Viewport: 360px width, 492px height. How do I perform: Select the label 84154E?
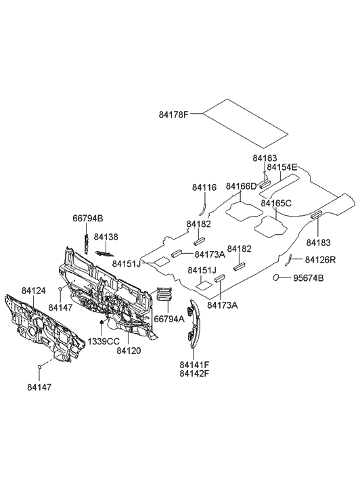[282, 167]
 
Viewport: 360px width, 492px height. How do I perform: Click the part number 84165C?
[276, 203]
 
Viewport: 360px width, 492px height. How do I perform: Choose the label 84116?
[204, 187]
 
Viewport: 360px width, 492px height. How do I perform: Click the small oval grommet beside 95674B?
[277, 277]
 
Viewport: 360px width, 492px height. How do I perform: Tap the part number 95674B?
[308, 278]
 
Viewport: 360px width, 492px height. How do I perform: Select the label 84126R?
[320, 260]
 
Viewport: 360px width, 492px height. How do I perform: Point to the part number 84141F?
[194, 364]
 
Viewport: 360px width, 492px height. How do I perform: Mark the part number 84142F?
[194, 373]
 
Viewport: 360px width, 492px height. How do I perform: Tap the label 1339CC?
[104, 342]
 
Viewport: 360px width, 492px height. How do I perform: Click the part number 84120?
[128, 351]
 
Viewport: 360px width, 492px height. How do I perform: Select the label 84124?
[33, 290]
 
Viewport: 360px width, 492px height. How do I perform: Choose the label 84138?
[106, 237]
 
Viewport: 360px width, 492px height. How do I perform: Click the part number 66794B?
[88, 219]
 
